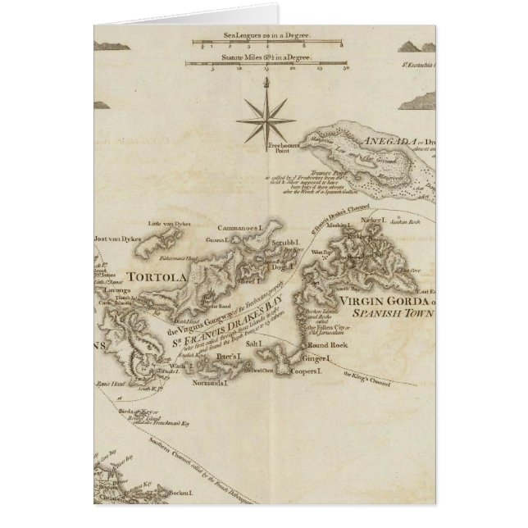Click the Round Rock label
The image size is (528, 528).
(x=343, y=347)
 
